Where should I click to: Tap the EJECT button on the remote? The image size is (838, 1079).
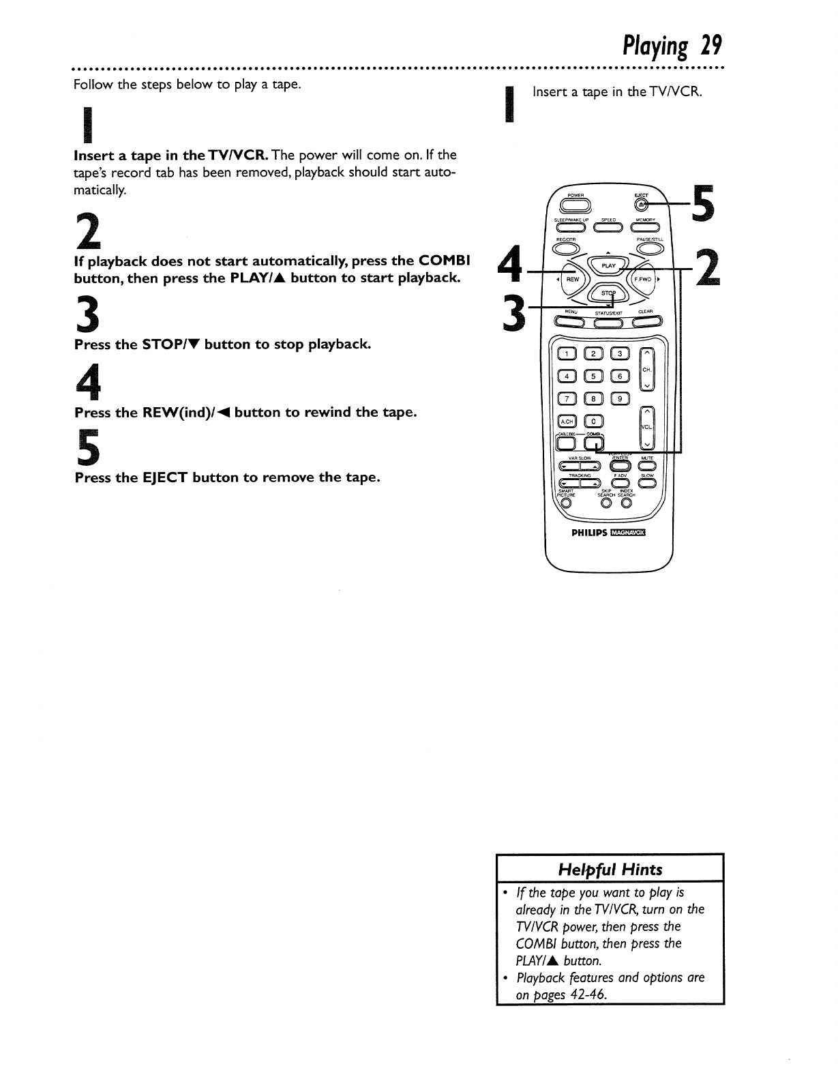point(640,203)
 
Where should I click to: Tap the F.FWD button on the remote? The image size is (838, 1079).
point(644,279)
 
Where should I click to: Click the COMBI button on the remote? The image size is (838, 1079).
point(595,443)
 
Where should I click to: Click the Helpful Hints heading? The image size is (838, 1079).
point(610,869)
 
